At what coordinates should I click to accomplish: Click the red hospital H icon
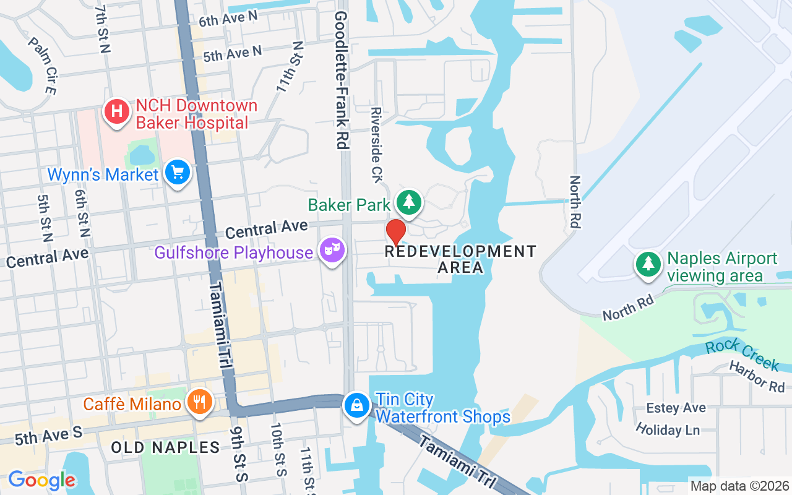coord(116,112)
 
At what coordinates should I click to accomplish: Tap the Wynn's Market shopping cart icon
coord(178,173)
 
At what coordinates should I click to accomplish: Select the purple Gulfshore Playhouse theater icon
coord(332,251)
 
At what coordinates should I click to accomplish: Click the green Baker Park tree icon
coord(408,202)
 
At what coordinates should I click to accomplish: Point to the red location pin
coord(396,232)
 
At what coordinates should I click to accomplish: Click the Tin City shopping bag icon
coord(357,405)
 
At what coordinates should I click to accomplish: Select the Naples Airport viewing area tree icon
coord(648,264)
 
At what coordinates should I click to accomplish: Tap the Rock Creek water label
coord(742,355)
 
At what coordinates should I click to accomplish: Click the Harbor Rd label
coord(756,376)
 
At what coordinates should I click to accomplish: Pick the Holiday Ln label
coord(668,429)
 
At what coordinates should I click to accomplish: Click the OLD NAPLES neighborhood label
coord(165,447)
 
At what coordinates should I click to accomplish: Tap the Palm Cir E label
coord(42,65)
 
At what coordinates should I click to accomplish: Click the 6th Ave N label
coord(228,19)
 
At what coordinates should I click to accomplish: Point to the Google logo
coord(41,480)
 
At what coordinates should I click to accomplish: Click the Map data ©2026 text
coord(740,486)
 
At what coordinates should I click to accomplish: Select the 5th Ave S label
coord(48,436)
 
